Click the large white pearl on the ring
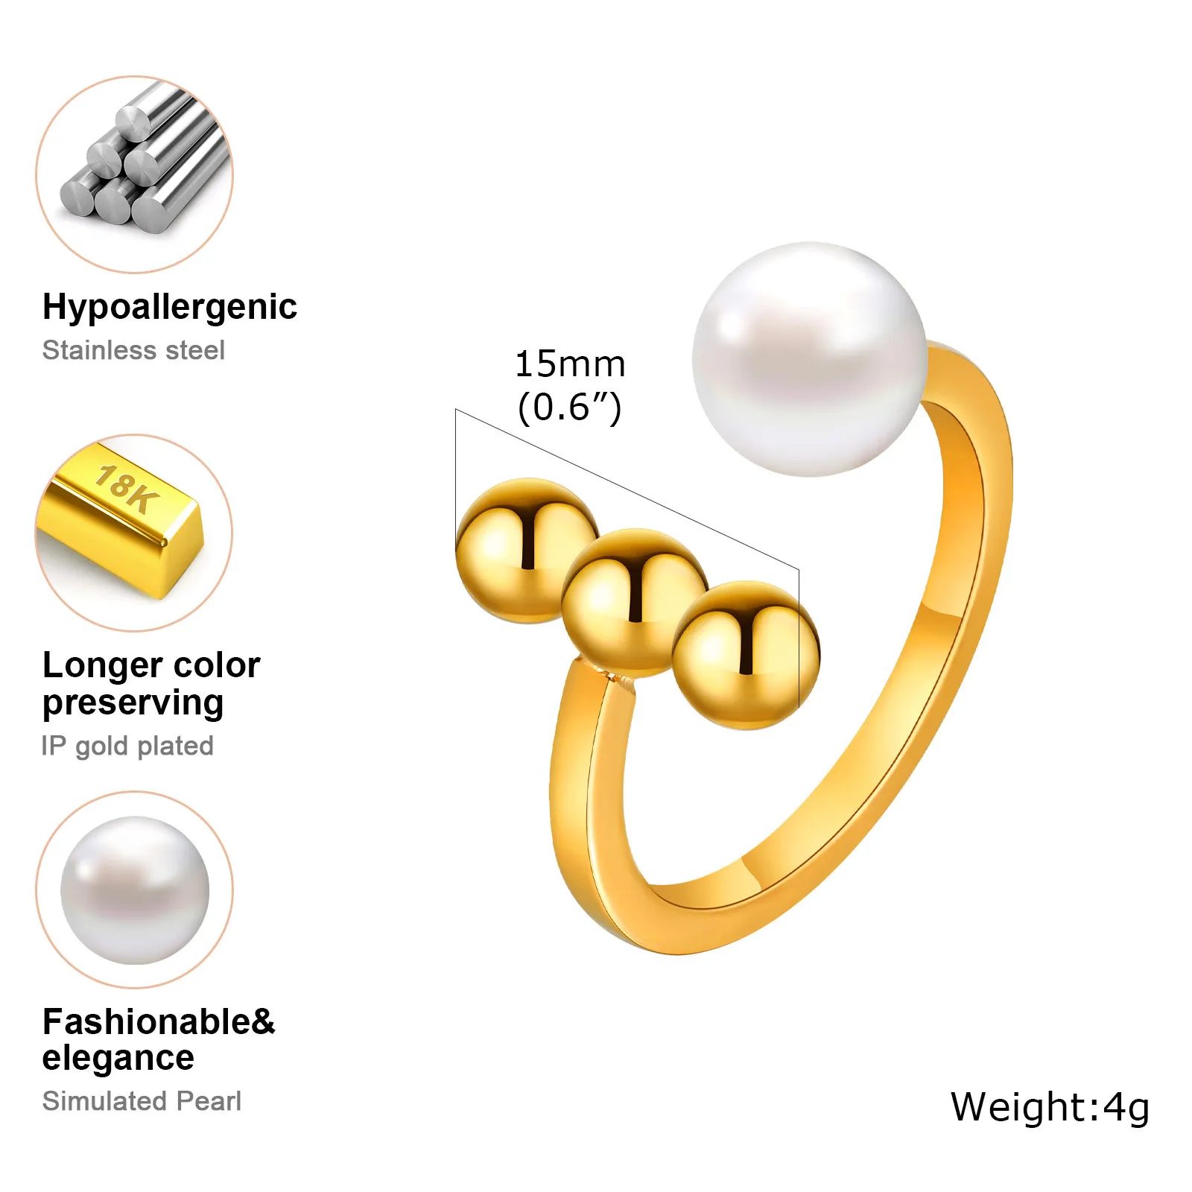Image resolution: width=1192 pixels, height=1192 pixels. point(809,359)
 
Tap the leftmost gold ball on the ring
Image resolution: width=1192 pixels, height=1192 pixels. point(526,550)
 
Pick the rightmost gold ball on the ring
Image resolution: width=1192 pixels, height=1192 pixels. point(745,654)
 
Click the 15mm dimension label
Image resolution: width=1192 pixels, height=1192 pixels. point(570,364)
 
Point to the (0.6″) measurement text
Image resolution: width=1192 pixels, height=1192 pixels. point(570,407)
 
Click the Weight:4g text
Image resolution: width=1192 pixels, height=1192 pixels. point(1050,1107)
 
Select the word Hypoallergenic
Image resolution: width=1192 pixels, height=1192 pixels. point(170,307)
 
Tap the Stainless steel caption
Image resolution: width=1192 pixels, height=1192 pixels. point(133,350)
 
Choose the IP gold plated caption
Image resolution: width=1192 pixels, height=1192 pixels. point(127,746)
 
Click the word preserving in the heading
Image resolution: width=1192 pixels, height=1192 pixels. point(133,703)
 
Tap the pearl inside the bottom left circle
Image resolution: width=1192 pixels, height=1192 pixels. point(135,890)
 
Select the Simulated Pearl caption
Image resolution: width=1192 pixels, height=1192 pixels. point(142,1101)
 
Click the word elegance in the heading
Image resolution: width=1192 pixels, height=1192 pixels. point(118,1058)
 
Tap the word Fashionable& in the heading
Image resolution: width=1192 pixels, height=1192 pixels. point(159,1021)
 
